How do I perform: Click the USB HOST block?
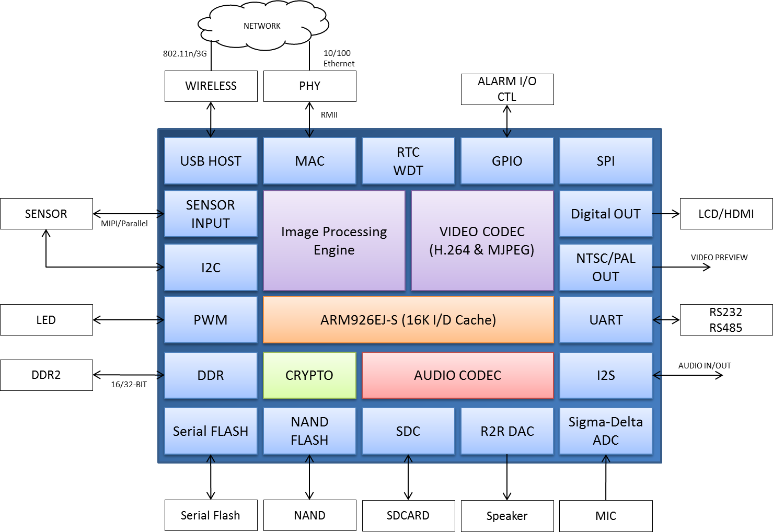(211, 161)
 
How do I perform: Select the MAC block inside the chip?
(309, 161)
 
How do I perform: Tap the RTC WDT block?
(408, 161)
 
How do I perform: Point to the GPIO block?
(507, 161)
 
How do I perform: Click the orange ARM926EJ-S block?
(408, 320)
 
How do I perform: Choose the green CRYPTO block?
(309, 375)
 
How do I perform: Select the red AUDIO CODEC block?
(457, 375)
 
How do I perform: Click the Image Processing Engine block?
(334, 240)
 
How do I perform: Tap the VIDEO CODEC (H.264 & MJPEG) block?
(482, 240)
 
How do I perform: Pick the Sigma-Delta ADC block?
(606, 431)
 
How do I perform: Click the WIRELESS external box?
(211, 86)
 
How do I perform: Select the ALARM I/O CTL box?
(507, 89)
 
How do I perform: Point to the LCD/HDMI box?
(726, 214)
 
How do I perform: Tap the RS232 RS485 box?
(726, 320)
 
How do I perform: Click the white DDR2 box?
(46, 375)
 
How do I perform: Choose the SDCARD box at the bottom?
(408, 515)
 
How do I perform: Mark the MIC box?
(606, 516)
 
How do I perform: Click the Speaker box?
(507, 516)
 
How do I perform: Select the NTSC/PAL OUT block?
(606, 267)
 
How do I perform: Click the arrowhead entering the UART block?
(656, 320)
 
